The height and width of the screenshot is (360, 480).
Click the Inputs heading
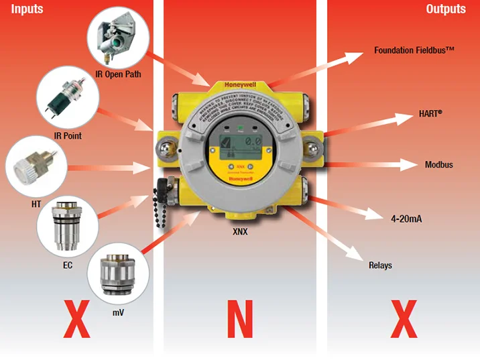pos(27,9)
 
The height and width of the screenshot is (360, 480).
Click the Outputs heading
pos(446,9)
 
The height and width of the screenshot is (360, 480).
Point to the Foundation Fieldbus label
pos(414,51)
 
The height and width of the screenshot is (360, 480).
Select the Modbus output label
pos(438,165)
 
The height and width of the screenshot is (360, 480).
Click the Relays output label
pos(380,265)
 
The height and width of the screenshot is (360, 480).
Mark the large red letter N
pos(241,318)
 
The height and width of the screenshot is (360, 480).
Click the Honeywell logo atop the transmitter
pos(240,86)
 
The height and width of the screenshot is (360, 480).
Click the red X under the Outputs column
pos(404,318)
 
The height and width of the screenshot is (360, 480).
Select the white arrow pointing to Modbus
pos(375,164)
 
